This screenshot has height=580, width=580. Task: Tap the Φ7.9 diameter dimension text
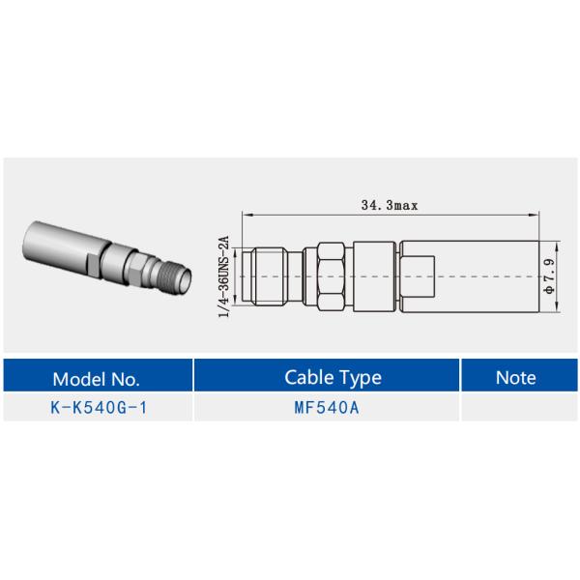pos(549,275)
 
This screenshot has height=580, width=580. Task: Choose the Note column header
pos(515,377)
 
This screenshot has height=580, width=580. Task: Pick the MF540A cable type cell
pos(327,407)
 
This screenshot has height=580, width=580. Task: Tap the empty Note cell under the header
pos(515,407)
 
